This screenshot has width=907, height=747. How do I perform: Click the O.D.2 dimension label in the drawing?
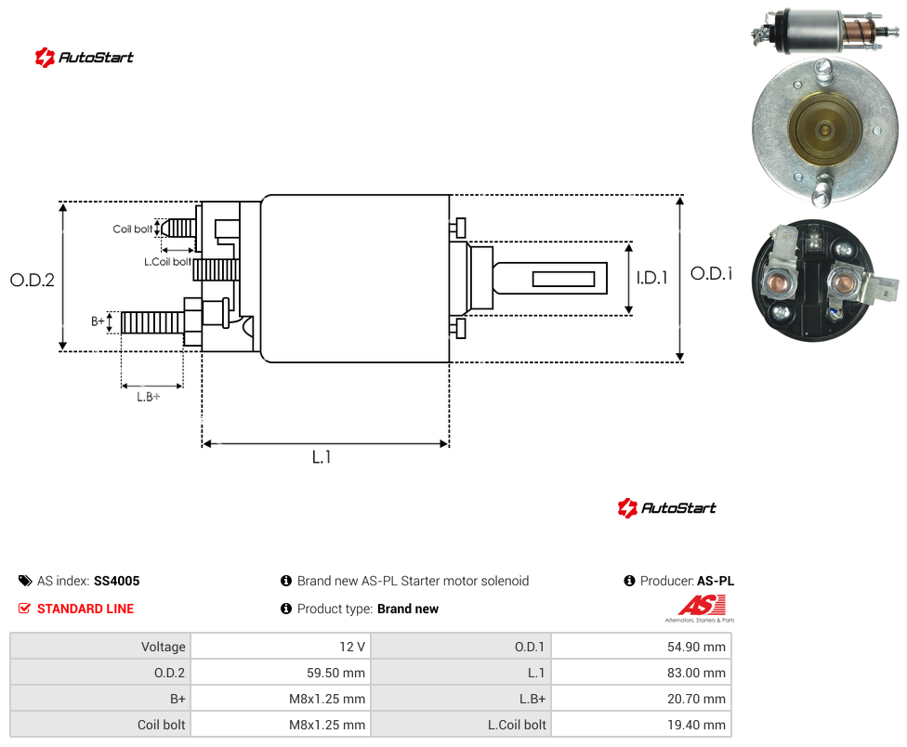(33, 281)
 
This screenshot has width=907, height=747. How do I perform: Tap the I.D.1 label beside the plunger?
(652, 278)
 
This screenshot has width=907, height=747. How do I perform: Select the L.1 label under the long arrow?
(322, 457)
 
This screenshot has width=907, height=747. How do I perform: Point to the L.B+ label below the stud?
(149, 397)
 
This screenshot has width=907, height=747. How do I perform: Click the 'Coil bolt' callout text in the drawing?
(133, 229)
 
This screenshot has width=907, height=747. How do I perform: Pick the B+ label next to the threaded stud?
(99, 321)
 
